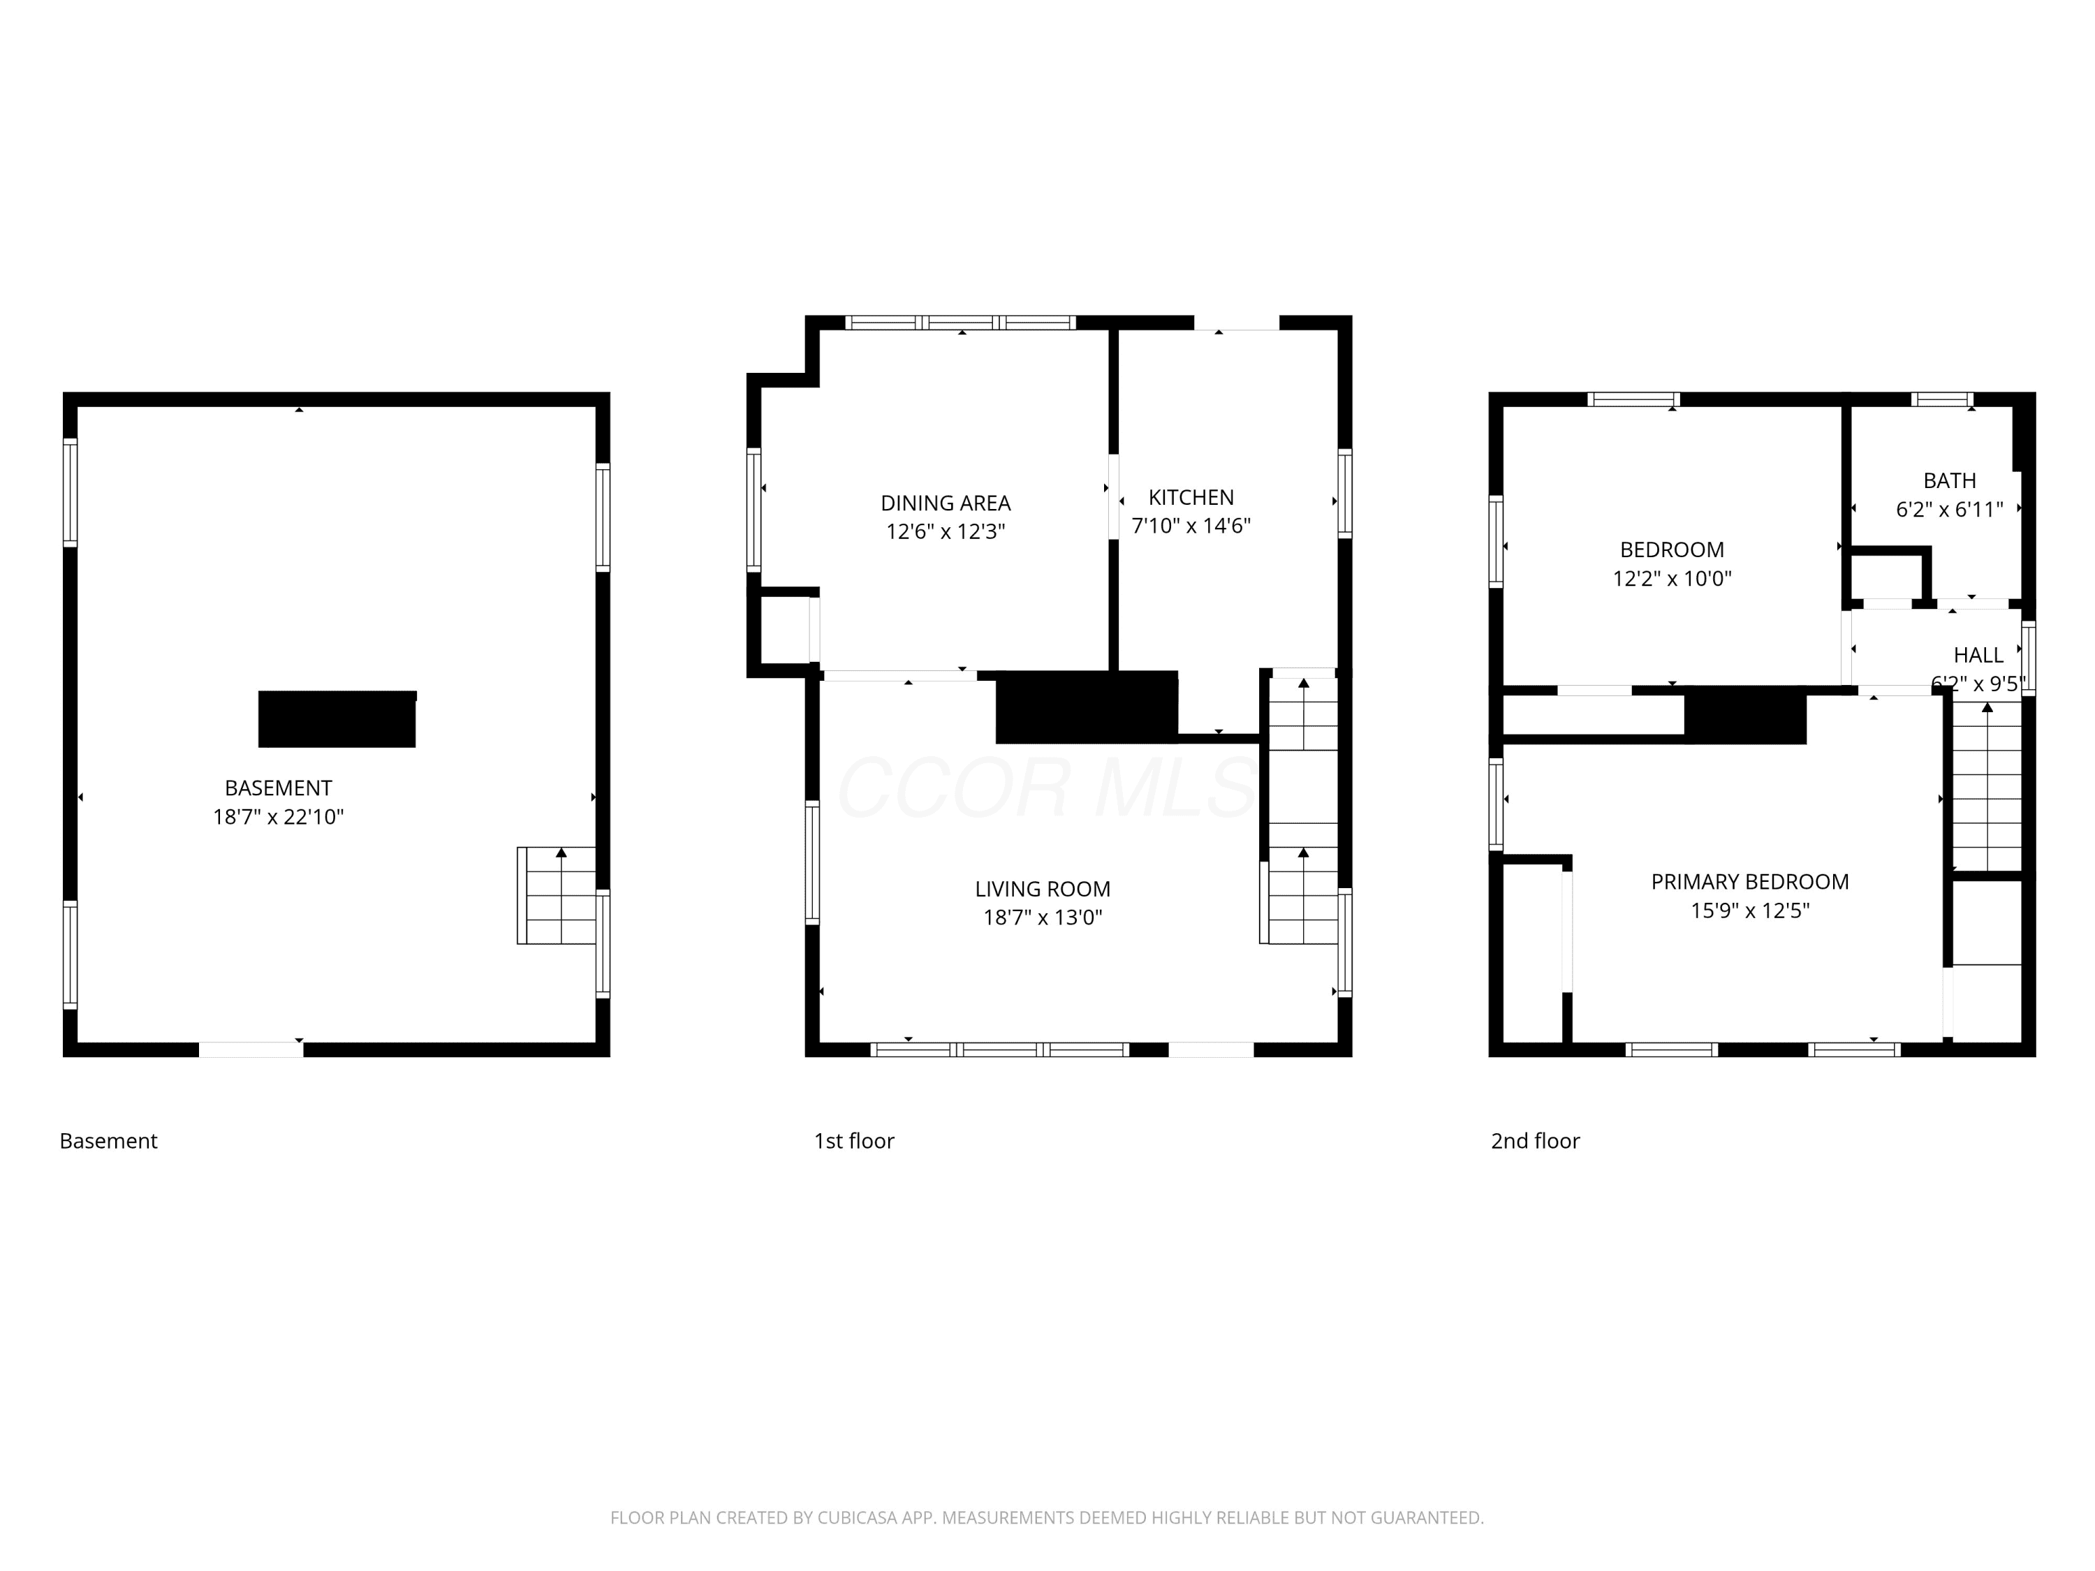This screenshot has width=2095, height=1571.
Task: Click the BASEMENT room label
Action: click(x=279, y=788)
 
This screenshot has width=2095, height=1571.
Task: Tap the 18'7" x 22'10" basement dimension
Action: click(x=279, y=817)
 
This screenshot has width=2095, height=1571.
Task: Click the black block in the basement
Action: click(x=337, y=718)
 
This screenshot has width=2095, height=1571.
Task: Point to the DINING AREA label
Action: click(x=946, y=503)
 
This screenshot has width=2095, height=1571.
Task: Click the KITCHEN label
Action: click(x=1191, y=497)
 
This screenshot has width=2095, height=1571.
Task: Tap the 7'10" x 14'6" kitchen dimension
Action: click(x=1191, y=526)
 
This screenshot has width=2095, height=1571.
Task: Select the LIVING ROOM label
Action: click(x=1043, y=890)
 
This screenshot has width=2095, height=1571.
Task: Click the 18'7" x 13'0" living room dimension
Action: click(x=1043, y=917)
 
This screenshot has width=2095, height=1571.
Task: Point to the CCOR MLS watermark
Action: click(x=1047, y=788)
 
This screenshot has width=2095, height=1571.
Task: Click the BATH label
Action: click(x=1950, y=480)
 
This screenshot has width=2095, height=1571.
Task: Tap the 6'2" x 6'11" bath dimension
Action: click(x=1950, y=510)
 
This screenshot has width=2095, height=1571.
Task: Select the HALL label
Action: click(x=1978, y=656)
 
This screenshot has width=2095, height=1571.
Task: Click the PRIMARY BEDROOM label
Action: click(x=1750, y=882)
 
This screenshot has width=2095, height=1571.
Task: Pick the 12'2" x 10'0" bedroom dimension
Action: click(x=1673, y=579)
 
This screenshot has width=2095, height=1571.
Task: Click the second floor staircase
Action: click(x=1987, y=786)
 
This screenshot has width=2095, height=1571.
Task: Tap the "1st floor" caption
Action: click(x=854, y=1141)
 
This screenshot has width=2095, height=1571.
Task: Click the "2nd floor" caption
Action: click(x=1535, y=1141)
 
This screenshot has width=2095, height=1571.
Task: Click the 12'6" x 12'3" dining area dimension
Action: click(x=946, y=531)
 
